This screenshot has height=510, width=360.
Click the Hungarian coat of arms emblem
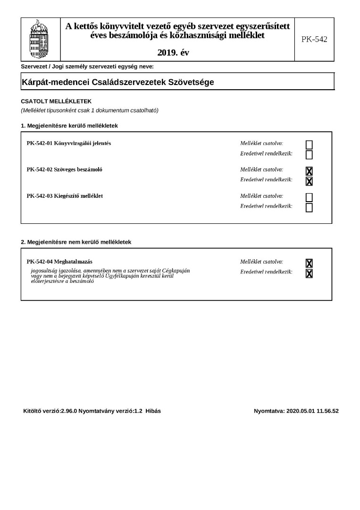coord(41,39)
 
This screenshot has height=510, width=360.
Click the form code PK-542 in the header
coord(314,39)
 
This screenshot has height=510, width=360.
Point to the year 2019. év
coord(173,53)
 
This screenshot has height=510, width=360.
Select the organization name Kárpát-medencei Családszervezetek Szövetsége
coord(118,82)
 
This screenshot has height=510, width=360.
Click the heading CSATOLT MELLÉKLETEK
coord(53,102)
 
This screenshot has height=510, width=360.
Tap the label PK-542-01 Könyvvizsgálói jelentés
coord(69,143)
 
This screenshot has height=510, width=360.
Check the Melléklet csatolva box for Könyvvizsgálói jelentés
coord(309,144)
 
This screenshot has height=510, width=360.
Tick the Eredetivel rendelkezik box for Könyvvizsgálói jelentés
coord(309,155)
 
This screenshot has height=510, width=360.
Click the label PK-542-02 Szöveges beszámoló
coord(65,170)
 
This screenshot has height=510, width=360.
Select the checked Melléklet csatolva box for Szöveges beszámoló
coord(309,171)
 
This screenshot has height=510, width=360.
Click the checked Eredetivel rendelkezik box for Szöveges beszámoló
coord(309,181)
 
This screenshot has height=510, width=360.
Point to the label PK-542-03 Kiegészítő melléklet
coord(65,196)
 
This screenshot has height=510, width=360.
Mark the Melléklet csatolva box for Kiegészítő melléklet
coord(309,197)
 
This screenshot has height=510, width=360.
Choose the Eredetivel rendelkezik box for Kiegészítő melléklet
coord(309,208)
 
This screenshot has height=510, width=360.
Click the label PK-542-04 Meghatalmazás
coord(59,262)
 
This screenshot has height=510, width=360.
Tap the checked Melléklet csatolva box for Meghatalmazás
coord(309,263)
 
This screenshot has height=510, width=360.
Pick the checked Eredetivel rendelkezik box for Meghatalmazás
coord(309,273)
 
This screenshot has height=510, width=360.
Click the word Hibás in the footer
coord(153,411)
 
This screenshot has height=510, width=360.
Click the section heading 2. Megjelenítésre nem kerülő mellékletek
coord(76,242)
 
